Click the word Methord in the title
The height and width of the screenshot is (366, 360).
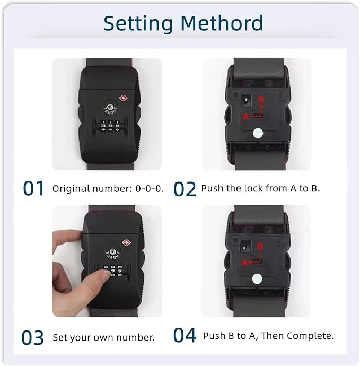222,23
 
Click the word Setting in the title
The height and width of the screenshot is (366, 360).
138,24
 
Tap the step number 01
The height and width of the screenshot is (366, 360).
33,188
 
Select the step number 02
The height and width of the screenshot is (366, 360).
185,189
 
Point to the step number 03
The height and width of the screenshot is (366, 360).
32,337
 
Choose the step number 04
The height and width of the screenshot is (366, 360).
185,335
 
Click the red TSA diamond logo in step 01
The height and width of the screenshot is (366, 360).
123,98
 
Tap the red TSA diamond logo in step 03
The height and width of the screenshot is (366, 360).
127,243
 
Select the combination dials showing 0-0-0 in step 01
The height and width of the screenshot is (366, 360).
110,127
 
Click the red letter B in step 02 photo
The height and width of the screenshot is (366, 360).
261,100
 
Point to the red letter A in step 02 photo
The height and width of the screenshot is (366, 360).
245,117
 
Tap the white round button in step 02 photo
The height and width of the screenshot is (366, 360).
258,134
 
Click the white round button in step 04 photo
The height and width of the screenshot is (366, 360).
257,278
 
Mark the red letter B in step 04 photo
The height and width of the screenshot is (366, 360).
260,246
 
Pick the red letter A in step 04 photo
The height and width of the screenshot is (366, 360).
245,263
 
